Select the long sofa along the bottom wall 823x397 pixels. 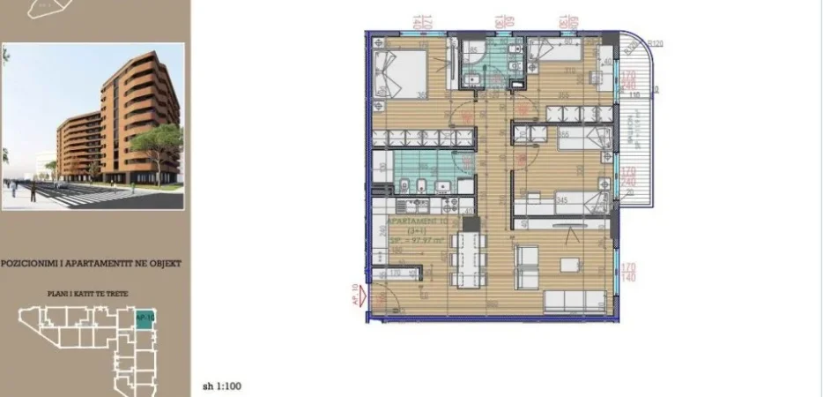pos(573,302)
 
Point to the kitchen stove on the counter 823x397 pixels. pos(411,206)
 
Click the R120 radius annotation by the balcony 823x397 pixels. pos(655,43)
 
